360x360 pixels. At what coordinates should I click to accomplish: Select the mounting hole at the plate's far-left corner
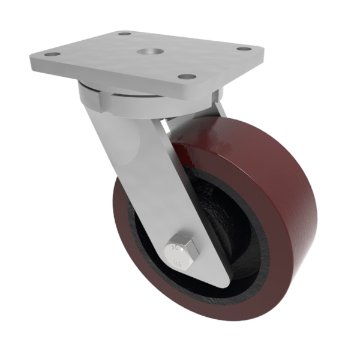(52, 55)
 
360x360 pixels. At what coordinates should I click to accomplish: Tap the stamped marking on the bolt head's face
(178, 247)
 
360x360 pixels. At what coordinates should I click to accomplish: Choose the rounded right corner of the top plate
(262, 51)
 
